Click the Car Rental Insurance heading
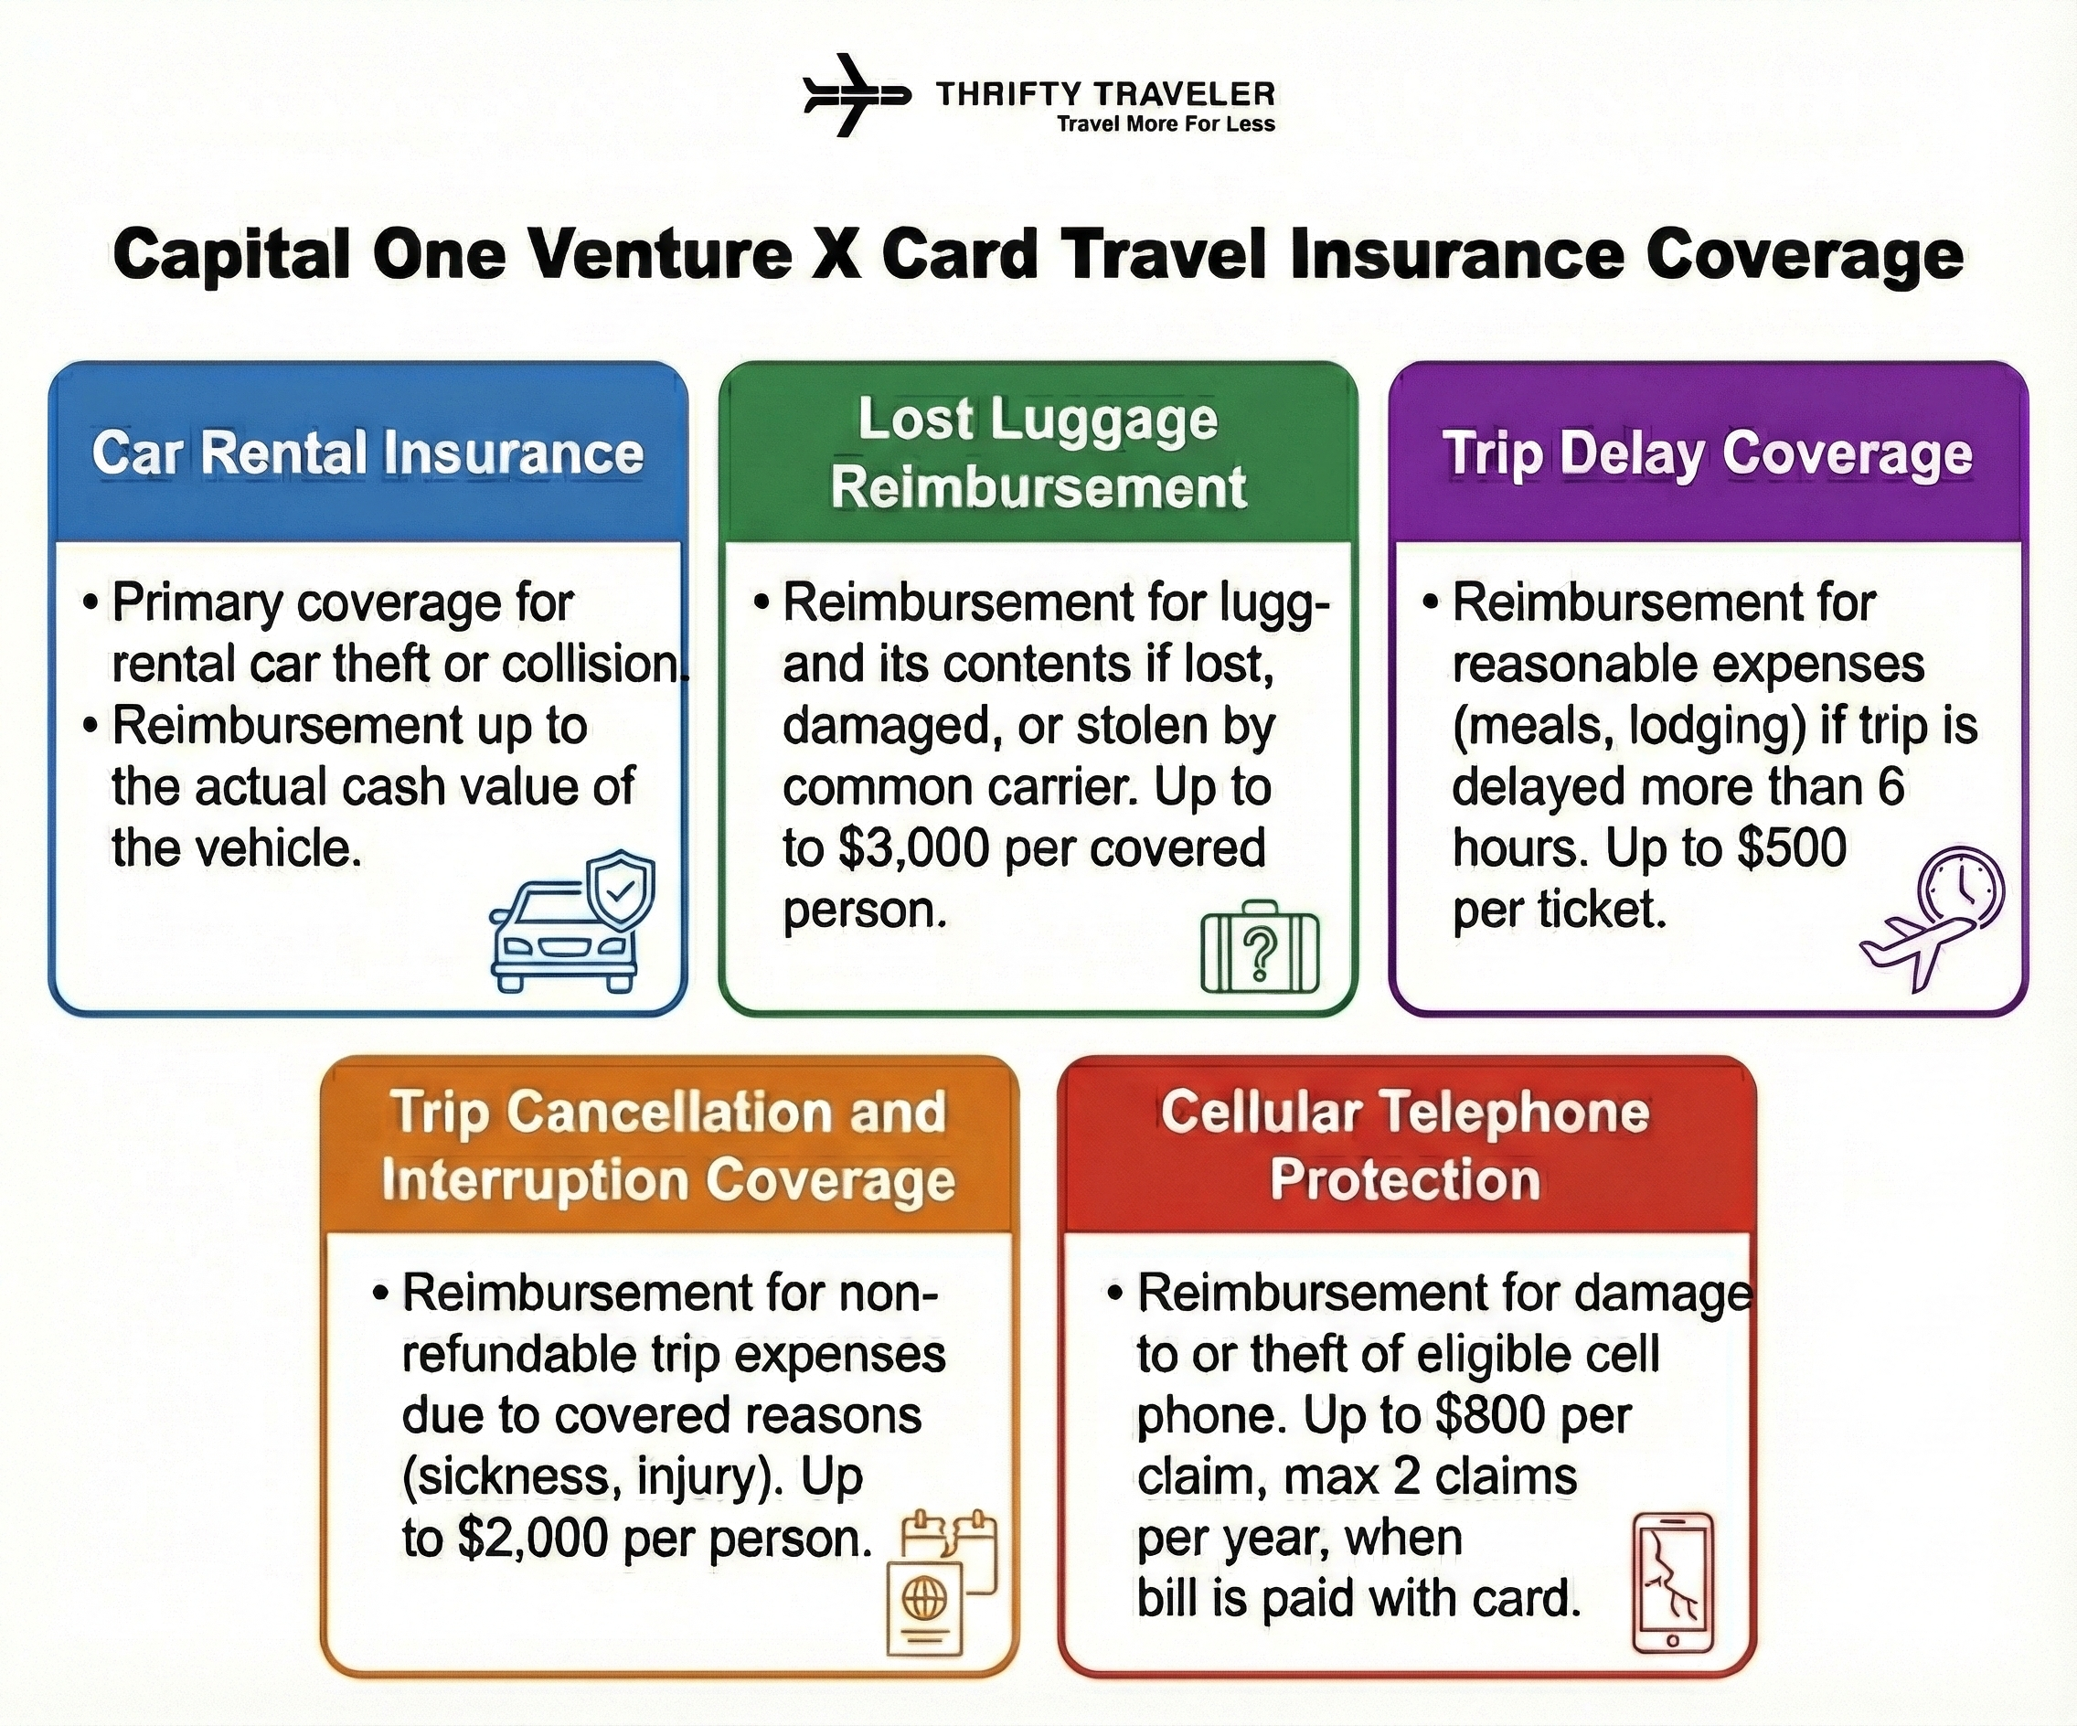click(367, 453)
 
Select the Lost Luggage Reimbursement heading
click(1038, 453)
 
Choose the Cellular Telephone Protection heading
click(1405, 1145)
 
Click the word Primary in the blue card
click(197, 603)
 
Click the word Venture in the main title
click(659, 255)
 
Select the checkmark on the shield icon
click(620, 891)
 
